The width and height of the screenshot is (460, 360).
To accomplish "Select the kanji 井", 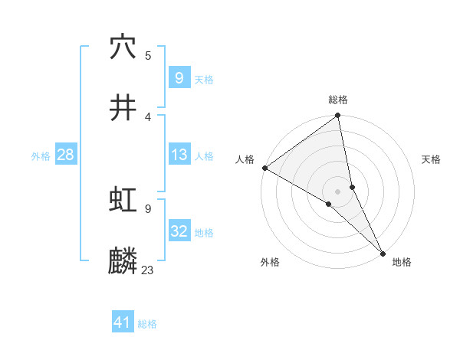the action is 123,108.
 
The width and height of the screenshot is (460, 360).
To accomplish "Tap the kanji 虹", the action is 123,200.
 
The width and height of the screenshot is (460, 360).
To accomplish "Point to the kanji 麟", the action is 123,261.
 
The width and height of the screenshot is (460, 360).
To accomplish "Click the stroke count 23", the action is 148,270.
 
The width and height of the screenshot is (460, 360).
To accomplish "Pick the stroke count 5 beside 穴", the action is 148,55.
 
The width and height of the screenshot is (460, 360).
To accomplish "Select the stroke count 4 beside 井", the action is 148,116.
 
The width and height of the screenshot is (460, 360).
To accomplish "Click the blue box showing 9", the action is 179,77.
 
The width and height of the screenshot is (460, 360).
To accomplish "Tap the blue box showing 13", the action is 179,155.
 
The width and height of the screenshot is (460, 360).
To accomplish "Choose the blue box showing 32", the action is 179,231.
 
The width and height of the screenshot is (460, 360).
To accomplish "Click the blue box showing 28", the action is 65,155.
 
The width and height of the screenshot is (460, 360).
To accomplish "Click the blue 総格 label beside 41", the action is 147,324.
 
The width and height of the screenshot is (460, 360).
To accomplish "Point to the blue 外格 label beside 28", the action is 41,156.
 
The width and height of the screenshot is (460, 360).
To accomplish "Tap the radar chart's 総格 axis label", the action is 338,100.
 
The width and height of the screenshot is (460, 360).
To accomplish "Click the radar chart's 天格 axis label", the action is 431,159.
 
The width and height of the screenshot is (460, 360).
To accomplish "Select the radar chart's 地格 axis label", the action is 402,262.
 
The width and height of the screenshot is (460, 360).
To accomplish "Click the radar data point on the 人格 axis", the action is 264,168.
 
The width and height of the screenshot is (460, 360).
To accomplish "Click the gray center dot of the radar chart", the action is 338,191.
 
